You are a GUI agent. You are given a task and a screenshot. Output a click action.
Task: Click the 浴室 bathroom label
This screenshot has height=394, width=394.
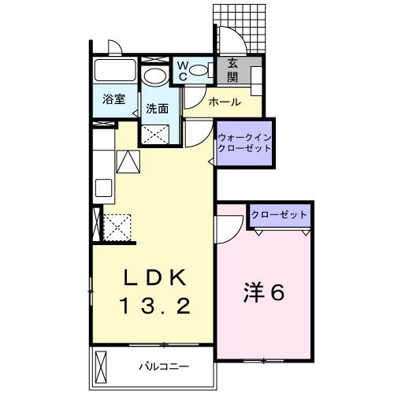[113, 100]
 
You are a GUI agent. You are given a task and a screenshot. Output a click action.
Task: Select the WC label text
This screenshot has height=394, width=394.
[180, 72]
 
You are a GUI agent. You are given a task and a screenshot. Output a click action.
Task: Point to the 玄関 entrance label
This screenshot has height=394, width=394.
[233, 71]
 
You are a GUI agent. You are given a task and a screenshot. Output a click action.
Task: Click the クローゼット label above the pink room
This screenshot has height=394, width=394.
[279, 215]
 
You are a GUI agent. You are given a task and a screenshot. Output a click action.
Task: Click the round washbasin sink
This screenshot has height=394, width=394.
[154, 76]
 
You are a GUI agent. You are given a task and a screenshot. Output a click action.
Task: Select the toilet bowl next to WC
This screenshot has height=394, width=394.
[201, 71]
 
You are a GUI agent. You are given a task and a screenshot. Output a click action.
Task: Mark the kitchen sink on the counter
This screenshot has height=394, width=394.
[105, 190]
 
